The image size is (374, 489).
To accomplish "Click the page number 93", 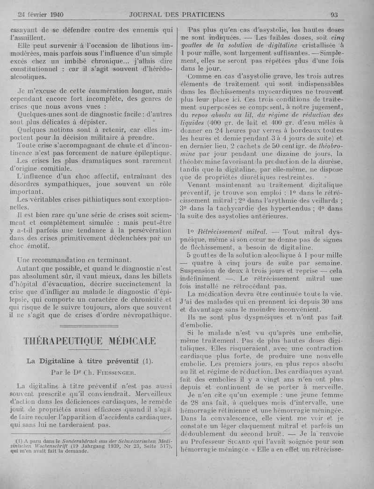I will [x=334, y=14].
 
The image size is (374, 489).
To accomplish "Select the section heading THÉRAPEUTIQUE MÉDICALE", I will [x=90, y=341].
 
